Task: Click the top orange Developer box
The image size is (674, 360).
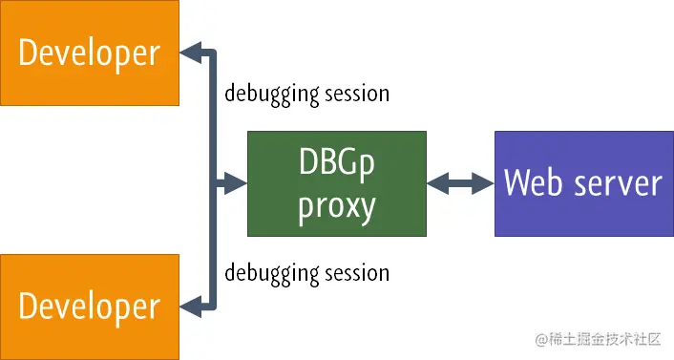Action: [x=90, y=53]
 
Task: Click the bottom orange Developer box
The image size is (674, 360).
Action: [x=90, y=306]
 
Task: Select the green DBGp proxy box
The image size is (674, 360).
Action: [x=337, y=184]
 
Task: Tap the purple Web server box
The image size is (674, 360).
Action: [x=582, y=183]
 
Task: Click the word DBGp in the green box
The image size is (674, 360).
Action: [x=337, y=163]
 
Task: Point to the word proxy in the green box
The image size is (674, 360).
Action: [x=337, y=205]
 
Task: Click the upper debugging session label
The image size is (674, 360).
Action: [x=306, y=94]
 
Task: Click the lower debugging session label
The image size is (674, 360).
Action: [x=306, y=272]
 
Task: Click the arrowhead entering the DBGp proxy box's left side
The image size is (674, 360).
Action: [x=236, y=183]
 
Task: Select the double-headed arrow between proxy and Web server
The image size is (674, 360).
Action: [x=460, y=183]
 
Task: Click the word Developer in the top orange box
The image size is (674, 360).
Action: [x=90, y=53]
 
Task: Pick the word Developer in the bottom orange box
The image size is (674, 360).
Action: [x=90, y=306]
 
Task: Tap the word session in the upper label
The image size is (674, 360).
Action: [x=353, y=94]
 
